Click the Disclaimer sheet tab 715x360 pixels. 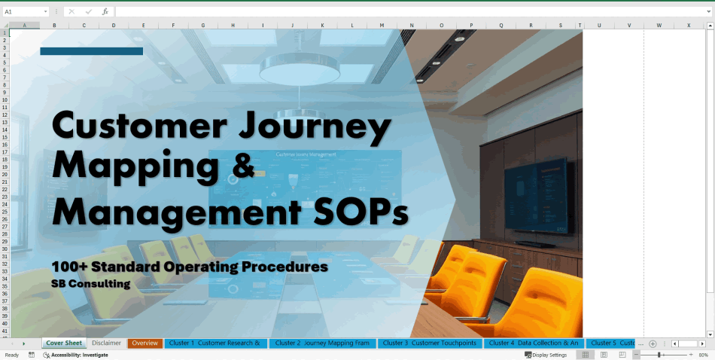[106, 343]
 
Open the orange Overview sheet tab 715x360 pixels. [145, 343]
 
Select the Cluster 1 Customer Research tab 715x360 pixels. [214, 343]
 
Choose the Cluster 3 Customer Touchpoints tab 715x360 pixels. [429, 343]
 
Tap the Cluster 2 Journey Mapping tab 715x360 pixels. [322, 343]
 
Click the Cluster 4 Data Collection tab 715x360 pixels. [533, 343]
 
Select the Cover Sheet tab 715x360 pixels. [64, 343]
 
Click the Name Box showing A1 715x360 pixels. [23, 12]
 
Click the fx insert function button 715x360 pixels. [105, 12]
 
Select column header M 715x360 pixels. [382, 26]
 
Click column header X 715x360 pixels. [688, 26]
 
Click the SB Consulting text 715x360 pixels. [91, 284]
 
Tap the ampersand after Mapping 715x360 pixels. [243, 166]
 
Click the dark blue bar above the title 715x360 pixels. [91, 51]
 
